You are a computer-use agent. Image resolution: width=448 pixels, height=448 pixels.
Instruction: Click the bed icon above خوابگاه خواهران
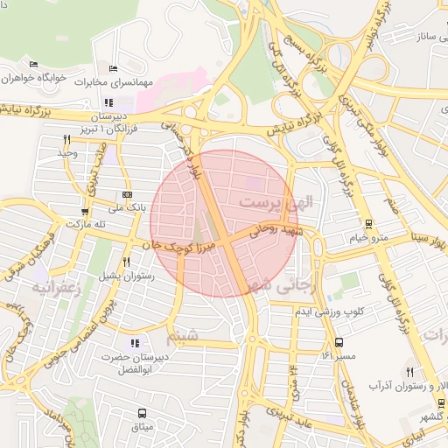[x=33, y=65]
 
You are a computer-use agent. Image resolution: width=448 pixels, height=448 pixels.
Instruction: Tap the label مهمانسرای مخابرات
[x=120, y=83]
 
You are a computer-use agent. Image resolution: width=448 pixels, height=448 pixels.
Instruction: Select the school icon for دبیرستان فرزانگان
[x=108, y=104]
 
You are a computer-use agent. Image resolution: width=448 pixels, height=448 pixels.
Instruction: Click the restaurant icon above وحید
[x=67, y=139]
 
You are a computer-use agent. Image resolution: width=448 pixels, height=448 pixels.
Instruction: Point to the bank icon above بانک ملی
[x=128, y=194]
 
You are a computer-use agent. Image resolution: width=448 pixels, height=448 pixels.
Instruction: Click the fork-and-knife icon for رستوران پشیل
[x=127, y=262]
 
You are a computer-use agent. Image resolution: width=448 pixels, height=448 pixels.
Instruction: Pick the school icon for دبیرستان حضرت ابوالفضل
[x=134, y=343]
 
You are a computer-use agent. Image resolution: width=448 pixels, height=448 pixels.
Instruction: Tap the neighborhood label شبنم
[x=180, y=335]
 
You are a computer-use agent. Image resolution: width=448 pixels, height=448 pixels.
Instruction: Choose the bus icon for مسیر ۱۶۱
[x=339, y=343]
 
